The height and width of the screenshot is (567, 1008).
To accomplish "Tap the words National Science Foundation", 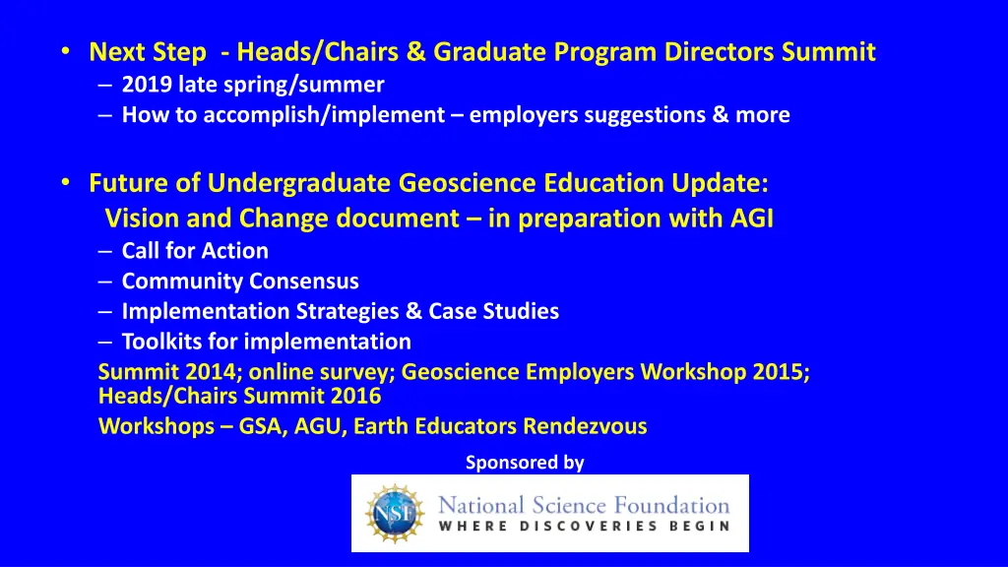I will click(584, 505).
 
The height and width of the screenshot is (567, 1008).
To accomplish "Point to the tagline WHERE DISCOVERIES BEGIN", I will click(584, 526).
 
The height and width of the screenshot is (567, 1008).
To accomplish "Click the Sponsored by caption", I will click(525, 462).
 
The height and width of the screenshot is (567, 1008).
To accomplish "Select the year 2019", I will click(147, 85).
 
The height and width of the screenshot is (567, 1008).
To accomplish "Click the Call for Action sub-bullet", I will click(195, 251).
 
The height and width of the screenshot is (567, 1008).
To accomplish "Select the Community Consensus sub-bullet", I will click(240, 282).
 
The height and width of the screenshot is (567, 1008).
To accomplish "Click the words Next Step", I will click(148, 51).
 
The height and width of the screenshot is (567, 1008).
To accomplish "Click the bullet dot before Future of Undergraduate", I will click(65, 182).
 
